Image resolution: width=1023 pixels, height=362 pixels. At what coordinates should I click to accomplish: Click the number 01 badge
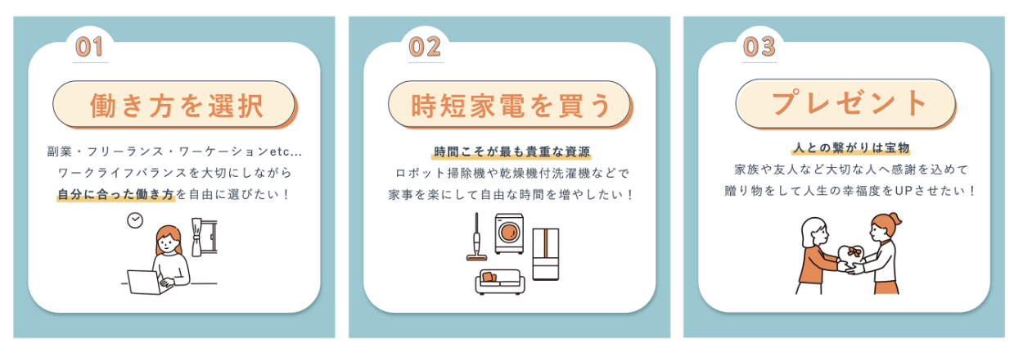pyautogui.click(x=89, y=47)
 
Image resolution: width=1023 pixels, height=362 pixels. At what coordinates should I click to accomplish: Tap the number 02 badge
pyautogui.click(x=426, y=47)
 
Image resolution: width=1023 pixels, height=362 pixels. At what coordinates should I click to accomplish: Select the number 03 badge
pyautogui.click(x=759, y=47)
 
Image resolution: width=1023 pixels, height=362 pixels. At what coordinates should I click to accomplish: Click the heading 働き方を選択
pyautogui.click(x=177, y=106)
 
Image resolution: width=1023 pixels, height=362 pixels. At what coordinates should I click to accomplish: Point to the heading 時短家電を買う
pyautogui.click(x=511, y=106)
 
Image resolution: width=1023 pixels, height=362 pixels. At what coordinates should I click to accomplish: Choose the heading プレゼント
pyautogui.click(x=849, y=103)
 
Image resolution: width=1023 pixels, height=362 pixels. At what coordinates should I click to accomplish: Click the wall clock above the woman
pyautogui.click(x=135, y=220)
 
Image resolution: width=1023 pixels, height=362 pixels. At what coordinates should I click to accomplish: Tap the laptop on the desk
pyautogui.click(x=144, y=282)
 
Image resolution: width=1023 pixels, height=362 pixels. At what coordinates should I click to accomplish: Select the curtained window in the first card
pyautogui.click(x=204, y=237)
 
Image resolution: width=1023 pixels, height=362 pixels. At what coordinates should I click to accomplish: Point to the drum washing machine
pyautogui.click(x=509, y=233)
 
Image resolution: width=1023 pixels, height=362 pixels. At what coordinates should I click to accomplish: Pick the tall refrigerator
pyautogui.click(x=545, y=254)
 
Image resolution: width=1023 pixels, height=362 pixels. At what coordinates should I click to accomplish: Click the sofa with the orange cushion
pyautogui.click(x=499, y=282)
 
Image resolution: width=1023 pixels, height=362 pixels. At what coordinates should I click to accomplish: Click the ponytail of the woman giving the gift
pyautogui.click(x=896, y=219)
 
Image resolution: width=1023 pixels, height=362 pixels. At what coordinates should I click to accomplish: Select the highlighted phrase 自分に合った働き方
pyautogui.click(x=116, y=195)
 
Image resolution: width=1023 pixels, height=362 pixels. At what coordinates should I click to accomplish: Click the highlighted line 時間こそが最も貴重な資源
pyautogui.click(x=511, y=152)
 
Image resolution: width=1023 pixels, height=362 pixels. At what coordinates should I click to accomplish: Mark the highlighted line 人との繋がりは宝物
pyautogui.click(x=851, y=148)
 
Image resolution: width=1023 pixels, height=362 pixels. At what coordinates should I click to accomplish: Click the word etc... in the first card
pyautogui.click(x=286, y=152)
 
